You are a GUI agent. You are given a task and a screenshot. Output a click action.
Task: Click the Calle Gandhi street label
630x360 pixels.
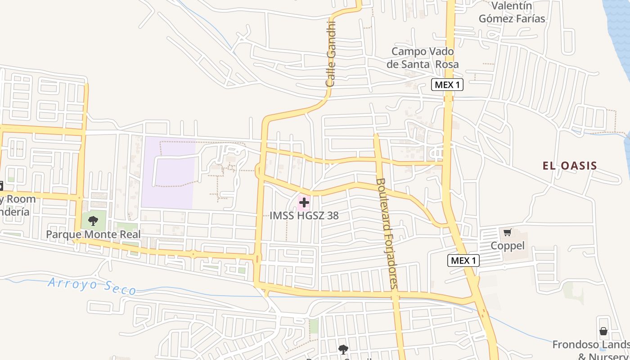tap(331, 54)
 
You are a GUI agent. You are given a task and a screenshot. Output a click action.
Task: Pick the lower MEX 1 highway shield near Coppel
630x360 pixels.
tap(463, 260)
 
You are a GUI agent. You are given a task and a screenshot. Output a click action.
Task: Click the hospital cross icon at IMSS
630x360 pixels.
tap(304, 202)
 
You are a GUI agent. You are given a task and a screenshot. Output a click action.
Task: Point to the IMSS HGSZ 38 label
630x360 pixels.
tap(304, 216)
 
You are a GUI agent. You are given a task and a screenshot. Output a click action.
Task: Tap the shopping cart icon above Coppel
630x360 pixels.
tap(508, 233)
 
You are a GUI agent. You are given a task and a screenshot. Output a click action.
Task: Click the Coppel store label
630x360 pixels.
tap(508, 246)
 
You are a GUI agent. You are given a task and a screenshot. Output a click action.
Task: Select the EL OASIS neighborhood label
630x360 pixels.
tap(570, 166)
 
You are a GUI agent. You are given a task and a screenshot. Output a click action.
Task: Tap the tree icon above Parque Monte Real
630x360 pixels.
tap(93, 220)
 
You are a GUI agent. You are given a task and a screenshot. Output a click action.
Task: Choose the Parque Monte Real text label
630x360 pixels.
tap(93, 234)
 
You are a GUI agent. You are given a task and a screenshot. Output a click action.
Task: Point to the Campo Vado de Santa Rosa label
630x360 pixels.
tap(423, 58)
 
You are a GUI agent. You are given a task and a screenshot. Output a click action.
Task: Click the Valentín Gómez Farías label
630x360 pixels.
tap(512, 12)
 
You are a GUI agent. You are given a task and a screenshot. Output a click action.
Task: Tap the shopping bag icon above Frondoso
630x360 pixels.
tap(603, 332)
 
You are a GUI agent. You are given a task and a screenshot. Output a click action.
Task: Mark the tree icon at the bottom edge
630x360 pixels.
tap(343, 349)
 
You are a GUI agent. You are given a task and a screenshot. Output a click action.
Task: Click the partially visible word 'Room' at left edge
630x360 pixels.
tap(20, 199)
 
